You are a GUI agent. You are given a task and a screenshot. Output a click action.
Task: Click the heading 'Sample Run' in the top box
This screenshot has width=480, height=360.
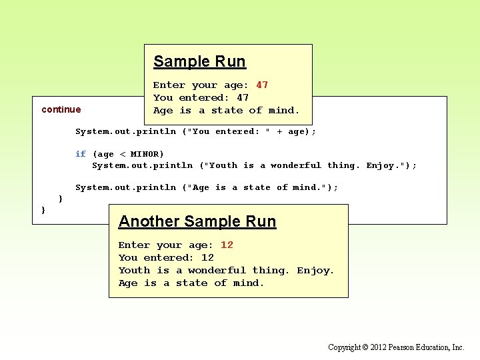(x=199, y=61)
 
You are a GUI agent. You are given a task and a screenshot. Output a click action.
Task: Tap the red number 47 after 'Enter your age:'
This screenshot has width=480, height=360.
(x=262, y=85)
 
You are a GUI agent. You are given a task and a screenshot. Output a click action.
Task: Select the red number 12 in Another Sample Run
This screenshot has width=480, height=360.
(x=227, y=245)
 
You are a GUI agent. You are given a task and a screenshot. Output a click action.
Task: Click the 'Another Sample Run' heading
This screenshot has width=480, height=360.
(x=197, y=221)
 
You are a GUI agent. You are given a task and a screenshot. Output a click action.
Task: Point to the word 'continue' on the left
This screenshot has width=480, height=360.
(x=61, y=109)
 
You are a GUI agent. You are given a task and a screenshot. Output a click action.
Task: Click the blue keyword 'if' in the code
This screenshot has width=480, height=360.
(x=81, y=154)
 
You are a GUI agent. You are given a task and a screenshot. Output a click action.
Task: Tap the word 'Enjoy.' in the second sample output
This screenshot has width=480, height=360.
(x=315, y=270)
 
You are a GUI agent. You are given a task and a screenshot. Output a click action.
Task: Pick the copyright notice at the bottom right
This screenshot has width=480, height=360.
(x=396, y=347)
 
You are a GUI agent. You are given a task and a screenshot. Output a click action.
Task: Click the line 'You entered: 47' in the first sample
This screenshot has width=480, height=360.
(x=201, y=97)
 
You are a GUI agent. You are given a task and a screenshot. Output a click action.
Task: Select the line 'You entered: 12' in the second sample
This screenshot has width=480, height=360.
(x=166, y=257)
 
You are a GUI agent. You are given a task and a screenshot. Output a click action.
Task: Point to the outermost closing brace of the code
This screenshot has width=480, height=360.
(x=44, y=210)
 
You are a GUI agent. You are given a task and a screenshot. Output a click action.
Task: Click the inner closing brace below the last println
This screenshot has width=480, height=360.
(x=61, y=199)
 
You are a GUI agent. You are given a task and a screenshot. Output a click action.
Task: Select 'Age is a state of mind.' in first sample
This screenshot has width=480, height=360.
(x=226, y=110)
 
